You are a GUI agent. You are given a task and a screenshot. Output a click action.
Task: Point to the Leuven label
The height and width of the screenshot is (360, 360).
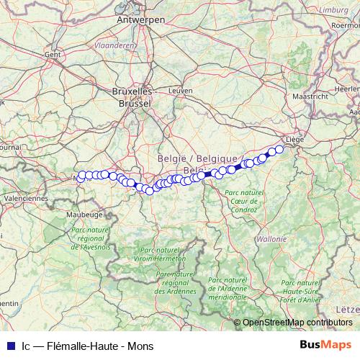(x=180, y=91)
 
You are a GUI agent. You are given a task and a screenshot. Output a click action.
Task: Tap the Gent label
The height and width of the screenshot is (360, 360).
(x=52, y=54)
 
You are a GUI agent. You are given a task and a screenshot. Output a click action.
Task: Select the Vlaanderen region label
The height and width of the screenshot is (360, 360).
(x=115, y=44)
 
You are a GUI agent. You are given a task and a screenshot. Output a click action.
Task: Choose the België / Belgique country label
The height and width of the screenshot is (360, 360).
(x=197, y=157)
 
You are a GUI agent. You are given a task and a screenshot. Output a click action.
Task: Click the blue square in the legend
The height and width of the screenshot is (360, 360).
(x=7, y=345)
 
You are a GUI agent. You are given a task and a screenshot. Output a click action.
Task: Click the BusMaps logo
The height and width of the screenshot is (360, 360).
(x=325, y=344)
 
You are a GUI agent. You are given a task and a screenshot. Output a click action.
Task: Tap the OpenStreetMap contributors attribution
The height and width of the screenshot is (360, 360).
(x=297, y=323)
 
